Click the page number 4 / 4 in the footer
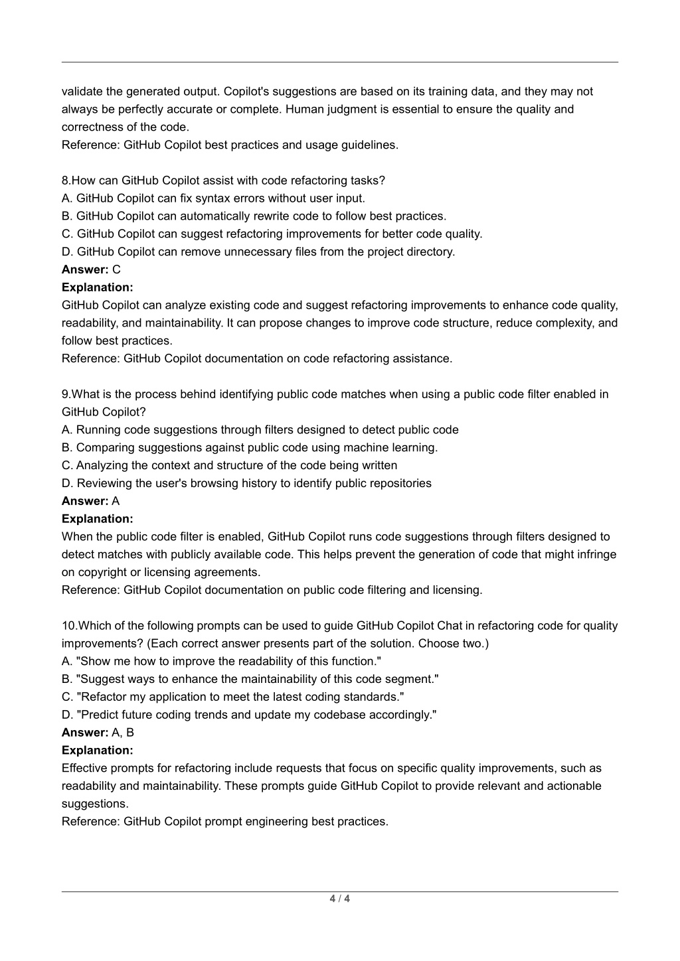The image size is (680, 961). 339,899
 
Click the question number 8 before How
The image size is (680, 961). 64,181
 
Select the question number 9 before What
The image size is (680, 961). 64,394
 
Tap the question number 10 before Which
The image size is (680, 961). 68,626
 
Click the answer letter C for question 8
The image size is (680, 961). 117,269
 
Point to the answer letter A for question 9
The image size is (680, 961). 116,501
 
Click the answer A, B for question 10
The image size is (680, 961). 124,733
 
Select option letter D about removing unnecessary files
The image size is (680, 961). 66,252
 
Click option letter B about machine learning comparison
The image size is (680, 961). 66,447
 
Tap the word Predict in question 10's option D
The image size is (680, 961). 100,715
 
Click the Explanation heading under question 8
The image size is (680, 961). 97,287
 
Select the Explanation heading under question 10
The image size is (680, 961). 97,751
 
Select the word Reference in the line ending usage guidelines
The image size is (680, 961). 90,145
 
